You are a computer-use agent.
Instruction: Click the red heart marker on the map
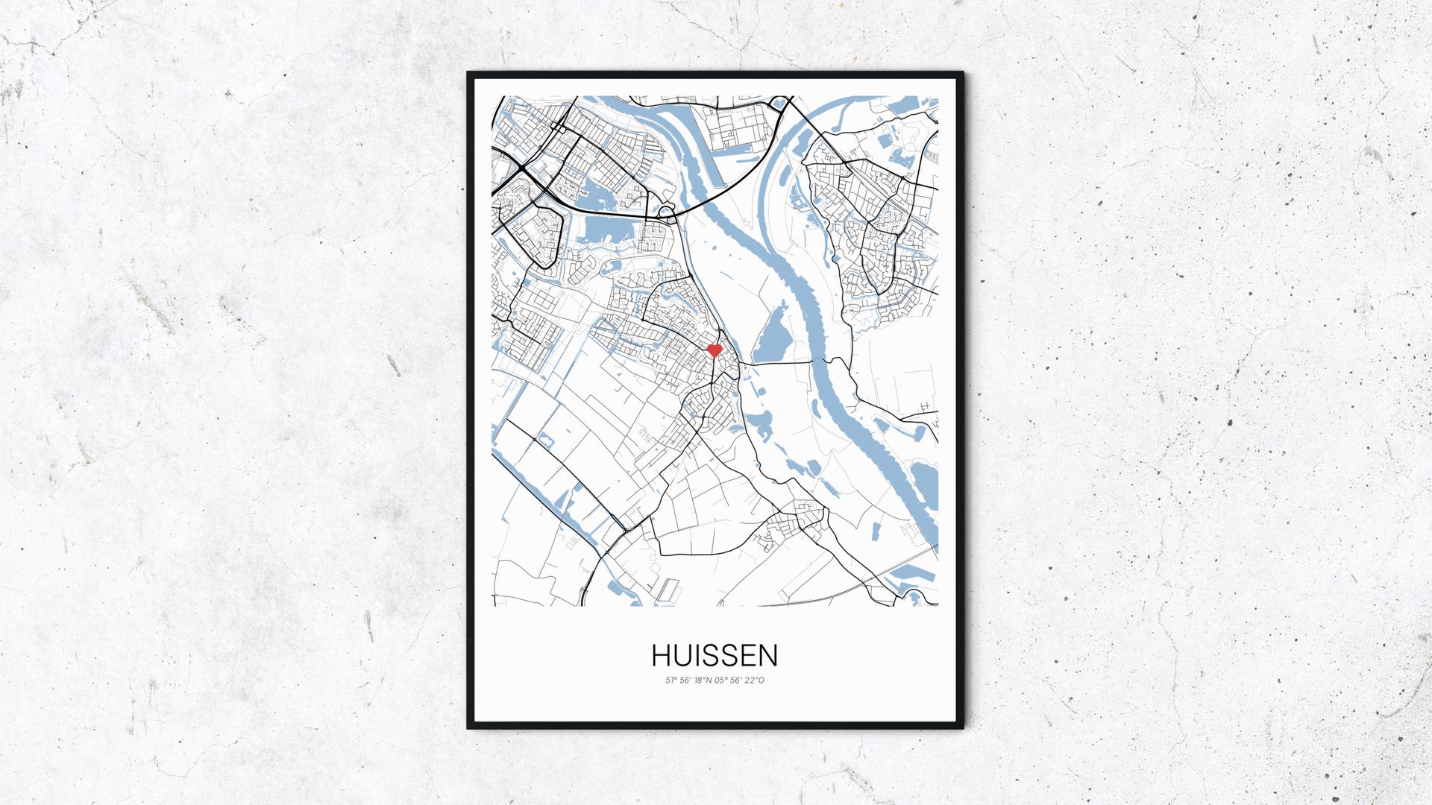click(x=714, y=350)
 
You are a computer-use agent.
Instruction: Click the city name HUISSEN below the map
click(x=715, y=655)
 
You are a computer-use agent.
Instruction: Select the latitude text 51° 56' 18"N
click(x=688, y=680)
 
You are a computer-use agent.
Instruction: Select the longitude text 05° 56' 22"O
click(x=741, y=680)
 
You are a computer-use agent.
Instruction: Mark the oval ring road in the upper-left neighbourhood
click(x=530, y=235)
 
